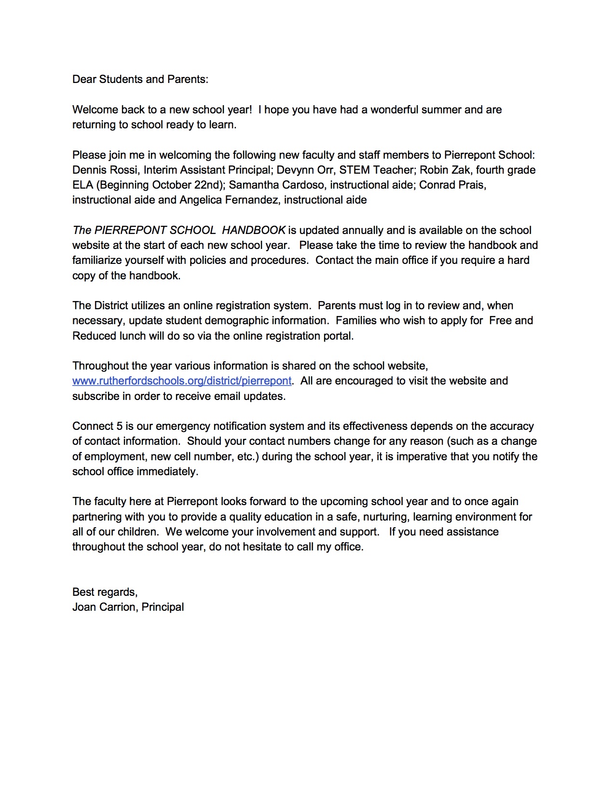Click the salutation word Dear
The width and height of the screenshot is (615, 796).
click(84, 79)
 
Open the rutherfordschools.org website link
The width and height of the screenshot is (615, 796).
click(182, 381)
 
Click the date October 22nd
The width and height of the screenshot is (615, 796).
click(186, 185)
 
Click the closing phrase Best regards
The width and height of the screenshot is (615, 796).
click(105, 592)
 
